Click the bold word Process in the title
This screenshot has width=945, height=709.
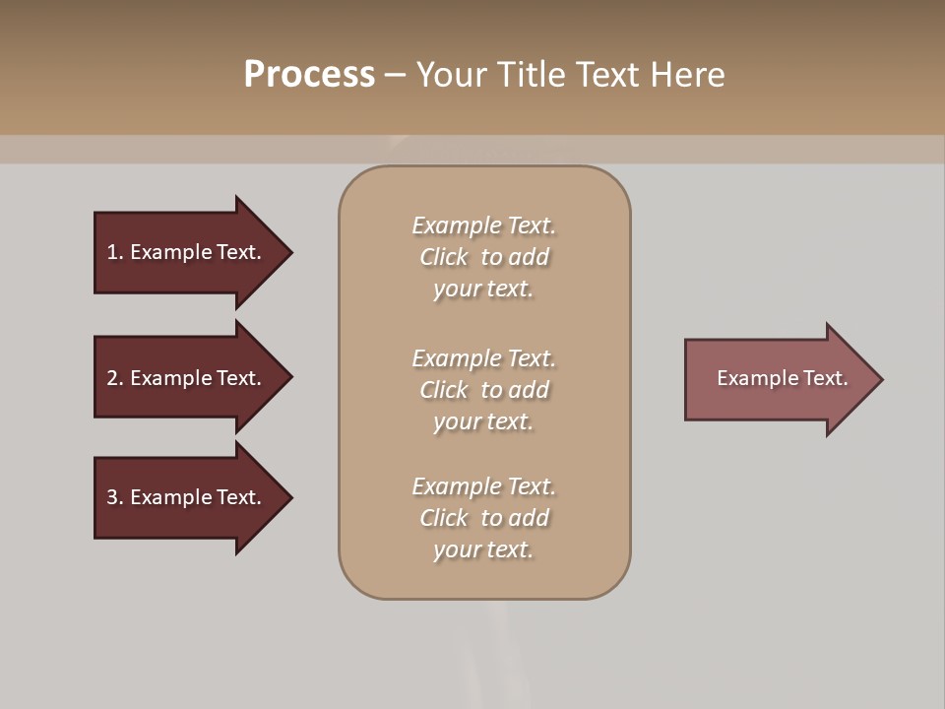(x=309, y=75)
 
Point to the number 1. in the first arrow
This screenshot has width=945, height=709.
(x=115, y=252)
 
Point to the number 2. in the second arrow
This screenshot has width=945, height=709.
(x=115, y=378)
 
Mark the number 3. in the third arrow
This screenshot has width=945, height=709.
(x=115, y=497)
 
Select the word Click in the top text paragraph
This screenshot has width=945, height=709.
(x=444, y=257)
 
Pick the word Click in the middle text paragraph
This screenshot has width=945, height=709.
(x=444, y=390)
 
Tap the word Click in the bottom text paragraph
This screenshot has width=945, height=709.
(x=444, y=518)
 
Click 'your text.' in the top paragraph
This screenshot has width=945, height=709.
(x=483, y=290)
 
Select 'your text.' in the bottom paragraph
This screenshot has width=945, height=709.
(x=483, y=550)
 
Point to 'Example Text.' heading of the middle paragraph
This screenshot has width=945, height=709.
(x=483, y=358)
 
